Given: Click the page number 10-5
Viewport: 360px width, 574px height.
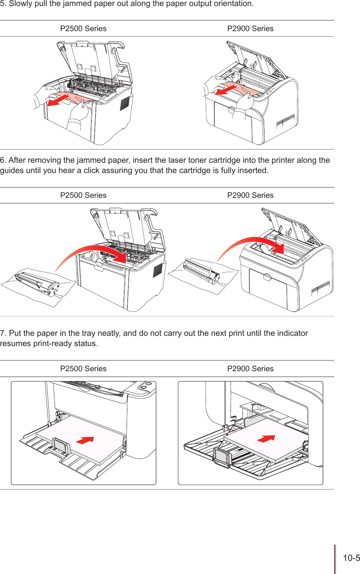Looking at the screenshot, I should pos(351,558).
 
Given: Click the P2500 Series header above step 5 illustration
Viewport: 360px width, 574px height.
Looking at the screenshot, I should pos(83,29).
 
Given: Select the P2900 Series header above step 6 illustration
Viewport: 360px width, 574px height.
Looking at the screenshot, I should pos(250,195).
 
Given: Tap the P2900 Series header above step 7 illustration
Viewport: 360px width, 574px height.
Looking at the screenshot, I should pos(250,369).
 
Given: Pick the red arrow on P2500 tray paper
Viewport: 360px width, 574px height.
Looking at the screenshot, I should pos(85,440).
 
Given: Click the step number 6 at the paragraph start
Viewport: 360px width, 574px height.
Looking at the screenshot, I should pos(2,160).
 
